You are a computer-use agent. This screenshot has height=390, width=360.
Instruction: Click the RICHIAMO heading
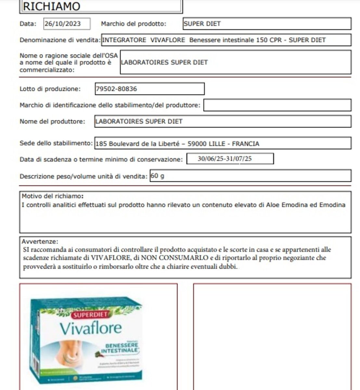click(x=51, y=6)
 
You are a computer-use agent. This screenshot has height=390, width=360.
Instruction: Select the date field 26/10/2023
click(x=67, y=24)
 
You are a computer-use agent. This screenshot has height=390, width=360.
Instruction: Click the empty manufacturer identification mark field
click(x=277, y=105)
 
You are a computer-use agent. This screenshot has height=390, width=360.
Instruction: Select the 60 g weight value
click(x=158, y=176)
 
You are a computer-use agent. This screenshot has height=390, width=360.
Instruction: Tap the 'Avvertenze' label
click(x=40, y=241)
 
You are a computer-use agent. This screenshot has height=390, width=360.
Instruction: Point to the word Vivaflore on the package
click(x=91, y=328)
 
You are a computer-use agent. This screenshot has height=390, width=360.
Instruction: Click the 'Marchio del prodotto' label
click(x=134, y=24)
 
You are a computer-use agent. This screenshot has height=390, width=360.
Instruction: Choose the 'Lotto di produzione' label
click(x=50, y=89)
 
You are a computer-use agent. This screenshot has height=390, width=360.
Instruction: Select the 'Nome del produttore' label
click(x=52, y=121)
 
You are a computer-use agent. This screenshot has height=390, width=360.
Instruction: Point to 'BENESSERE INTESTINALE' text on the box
click(x=117, y=348)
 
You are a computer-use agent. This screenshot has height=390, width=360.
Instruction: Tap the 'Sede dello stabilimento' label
click(x=56, y=143)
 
